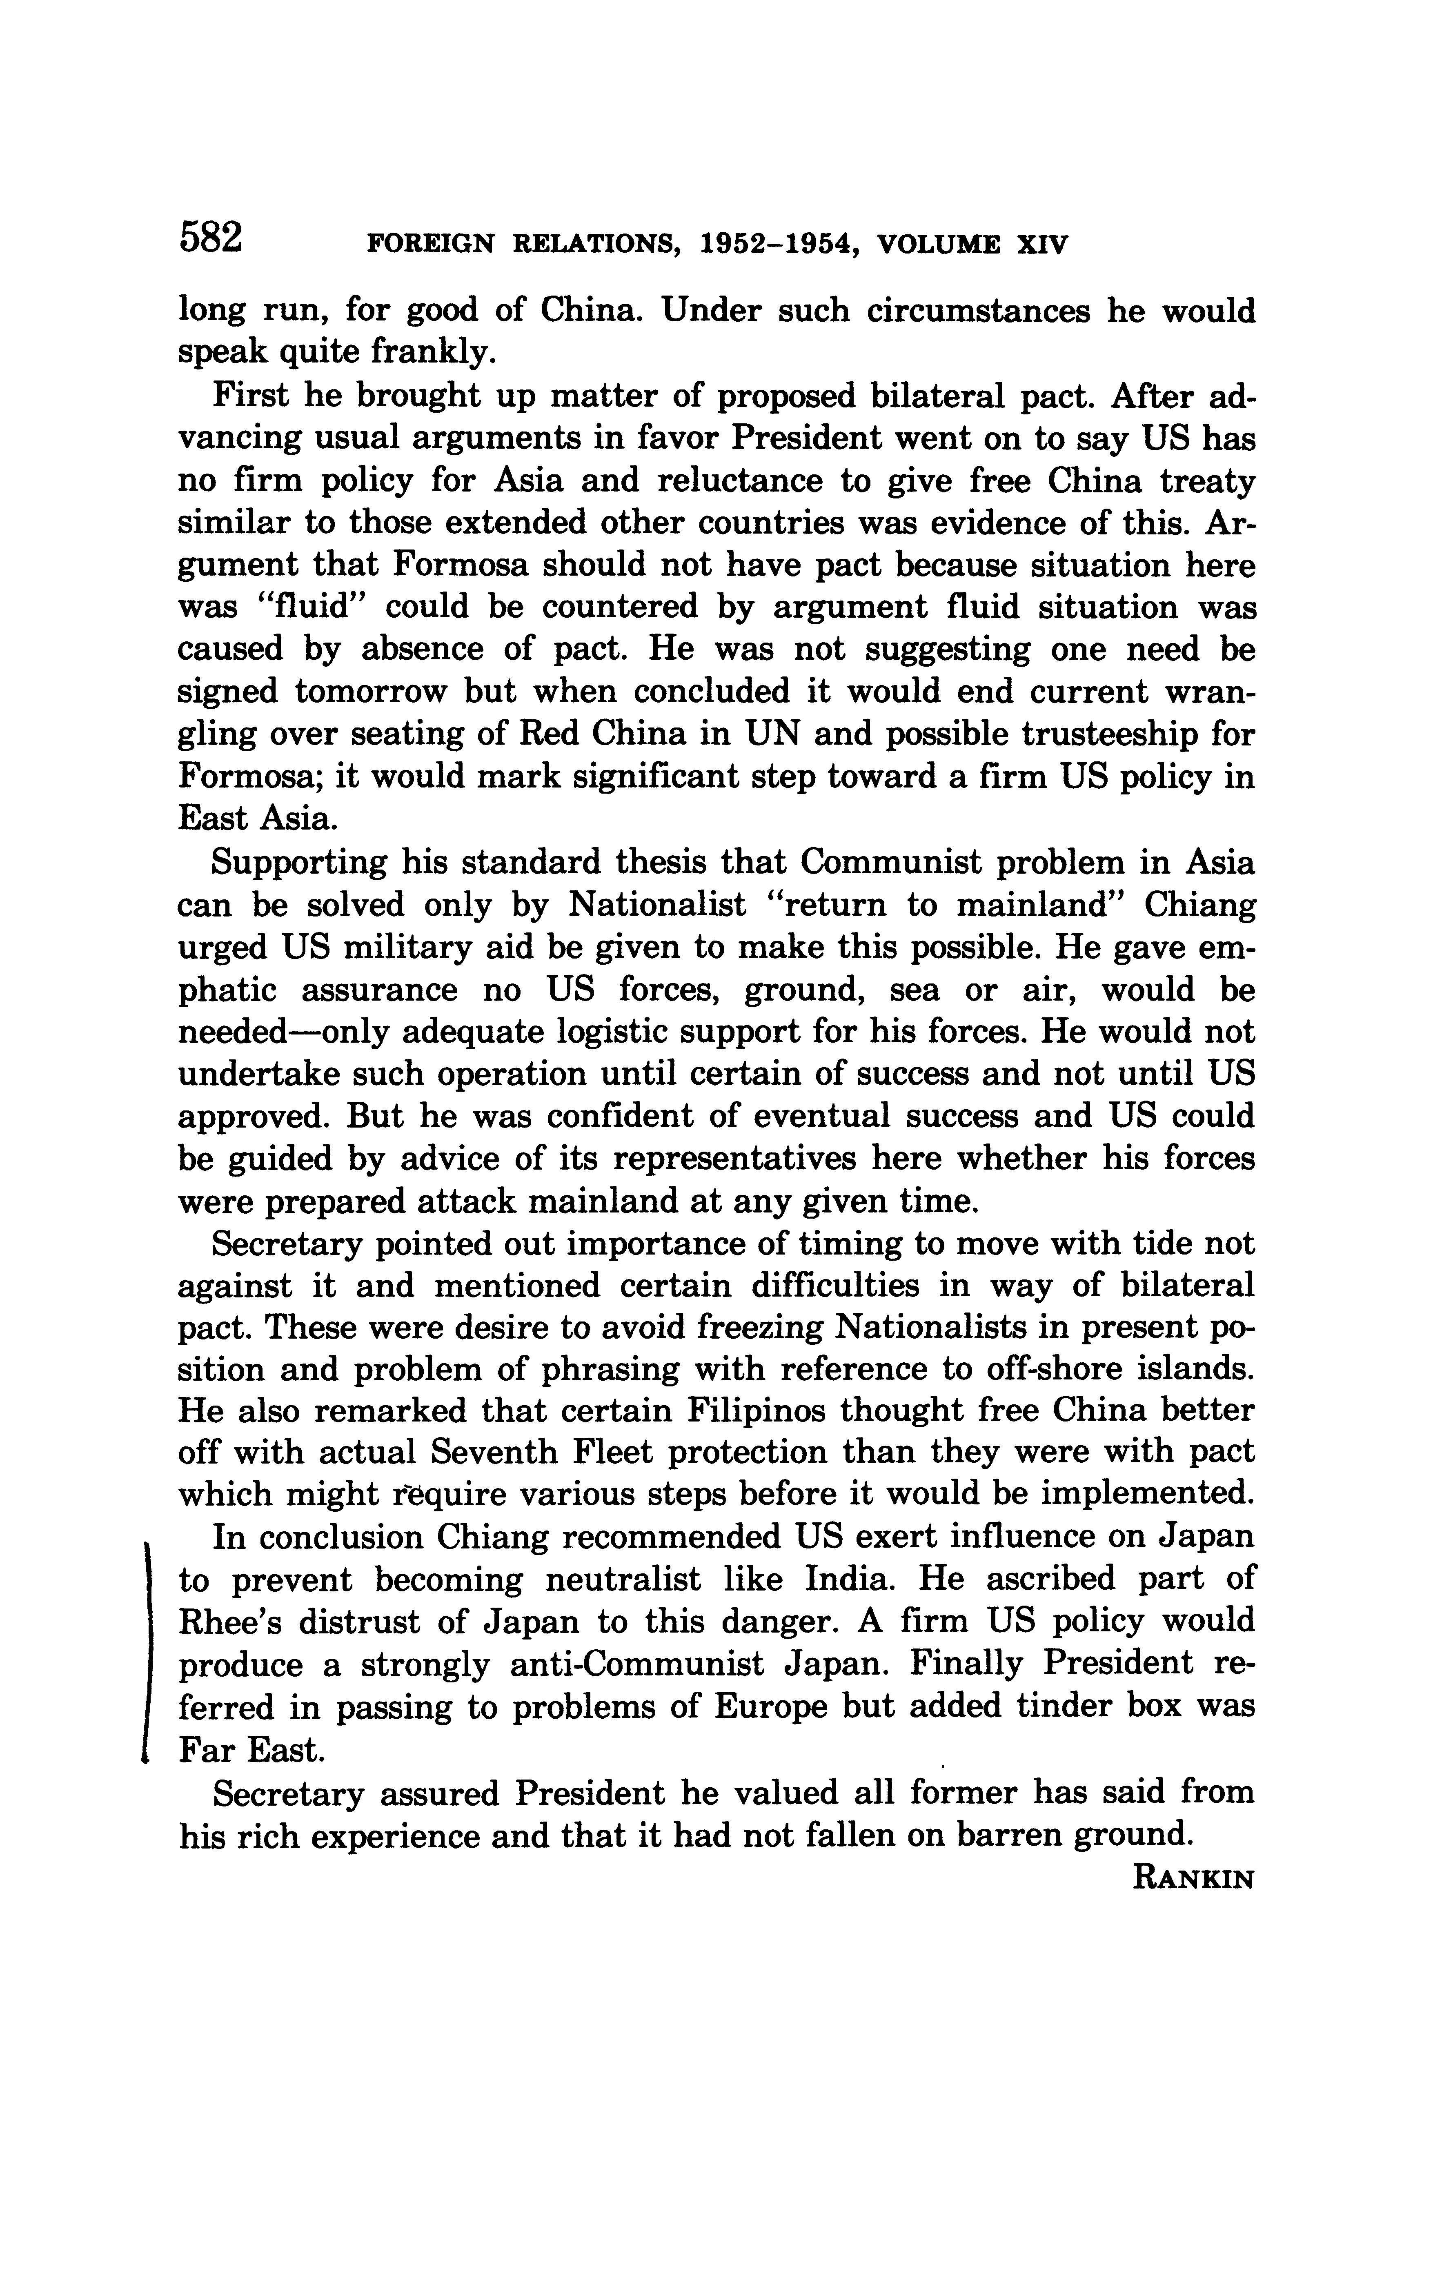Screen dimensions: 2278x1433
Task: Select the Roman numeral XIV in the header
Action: click(x=1041, y=245)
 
